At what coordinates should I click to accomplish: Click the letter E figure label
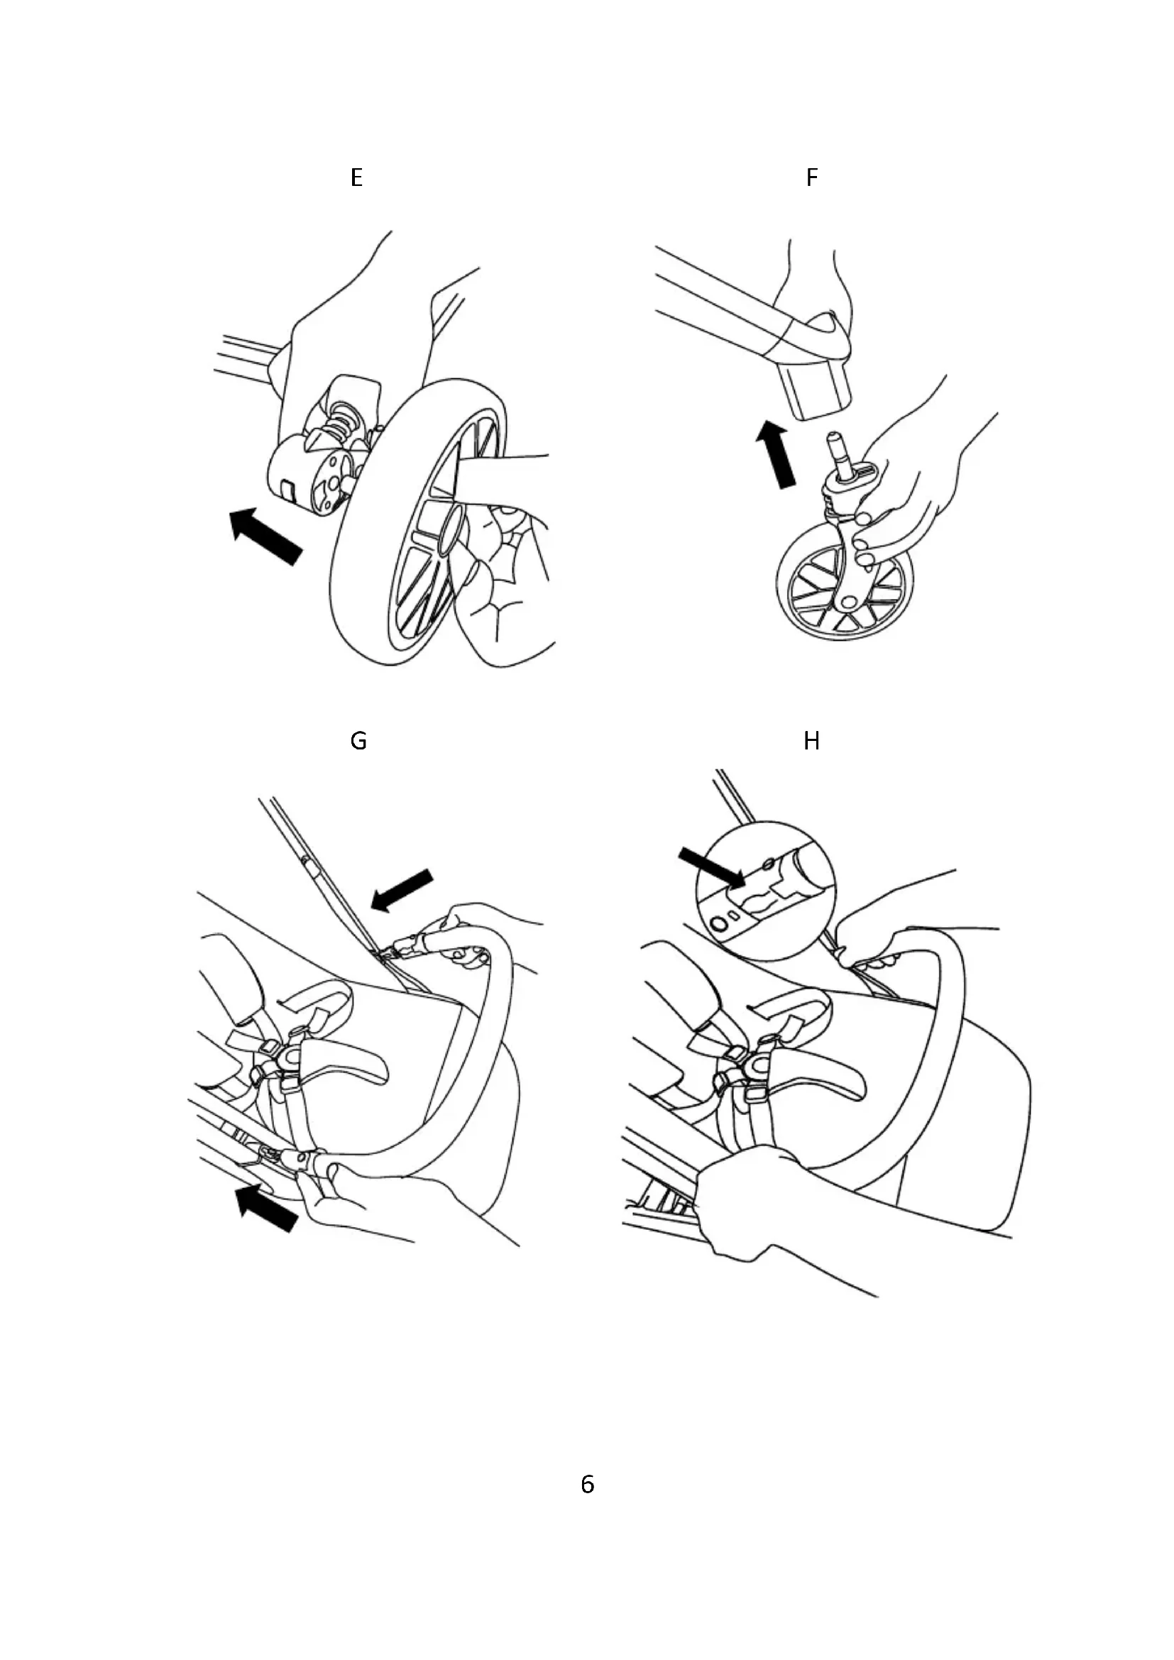click(356, 178)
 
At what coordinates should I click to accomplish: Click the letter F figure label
click(812, 178)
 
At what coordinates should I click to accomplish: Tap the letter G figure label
click(358, 741)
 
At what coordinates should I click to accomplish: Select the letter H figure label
click(811, 741)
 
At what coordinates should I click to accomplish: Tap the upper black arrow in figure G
click(401, 891)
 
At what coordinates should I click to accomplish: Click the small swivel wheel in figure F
click(845, 590)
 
